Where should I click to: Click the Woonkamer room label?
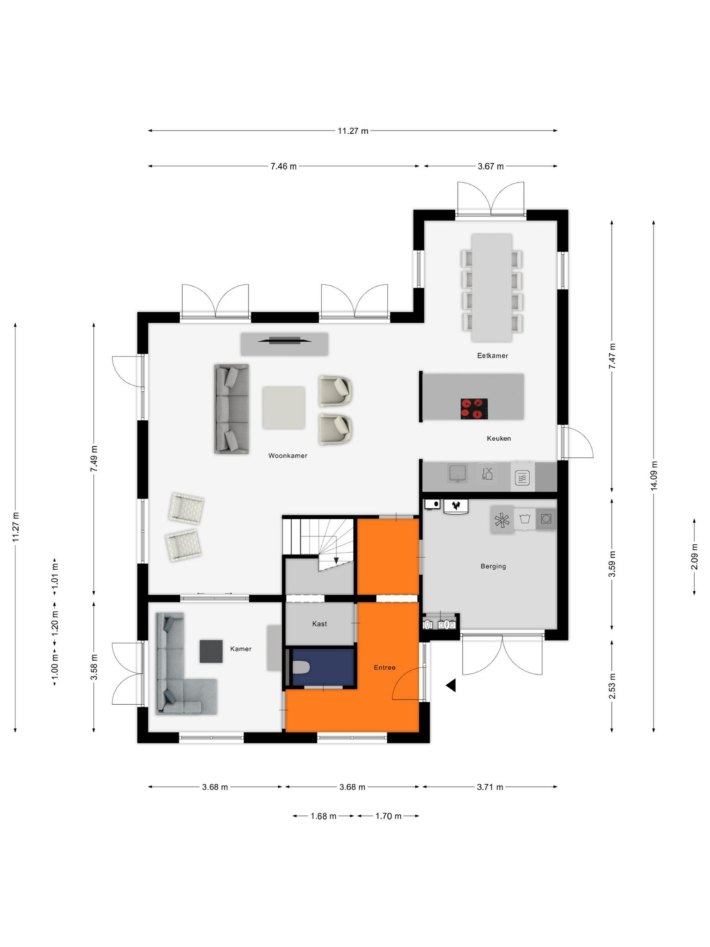point(288,455)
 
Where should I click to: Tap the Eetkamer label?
point(492,356)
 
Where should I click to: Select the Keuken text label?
point(499,438)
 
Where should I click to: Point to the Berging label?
point(493,566)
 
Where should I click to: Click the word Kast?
point(319,624)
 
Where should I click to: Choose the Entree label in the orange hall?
point(385,667)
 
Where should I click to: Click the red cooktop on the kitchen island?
point(474,409)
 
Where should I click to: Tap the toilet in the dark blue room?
point(301,667)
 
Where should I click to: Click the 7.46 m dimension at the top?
point(284,166)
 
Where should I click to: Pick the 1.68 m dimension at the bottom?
point(323,816)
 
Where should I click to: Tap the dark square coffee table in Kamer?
point(211,651)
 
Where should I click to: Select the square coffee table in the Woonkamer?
point(284,407)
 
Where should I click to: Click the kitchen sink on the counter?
point(458,473)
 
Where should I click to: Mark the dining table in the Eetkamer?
point(492,288)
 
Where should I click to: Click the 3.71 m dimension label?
point(490,787)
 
